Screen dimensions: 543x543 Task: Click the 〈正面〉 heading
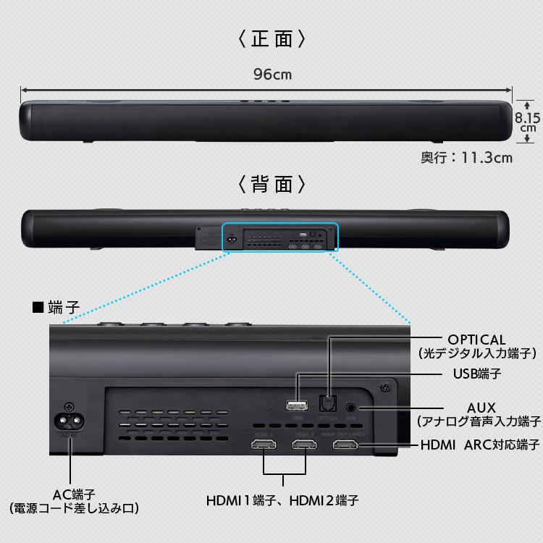[271, 38]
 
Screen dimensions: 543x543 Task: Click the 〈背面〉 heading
[271, 184]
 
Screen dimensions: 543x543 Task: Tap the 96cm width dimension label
[272, 74]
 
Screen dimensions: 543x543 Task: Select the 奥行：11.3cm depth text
[466, 157]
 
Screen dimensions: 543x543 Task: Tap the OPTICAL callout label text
[476, 340]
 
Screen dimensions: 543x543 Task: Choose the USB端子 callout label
[476, 374]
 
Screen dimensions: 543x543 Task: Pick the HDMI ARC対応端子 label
[480, 444]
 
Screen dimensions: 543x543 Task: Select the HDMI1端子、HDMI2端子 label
[282, 500]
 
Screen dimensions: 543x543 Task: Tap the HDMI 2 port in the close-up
[264, 443]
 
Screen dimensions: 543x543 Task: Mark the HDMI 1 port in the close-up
[305, 443]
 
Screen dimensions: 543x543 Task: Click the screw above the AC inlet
[70, 407]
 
